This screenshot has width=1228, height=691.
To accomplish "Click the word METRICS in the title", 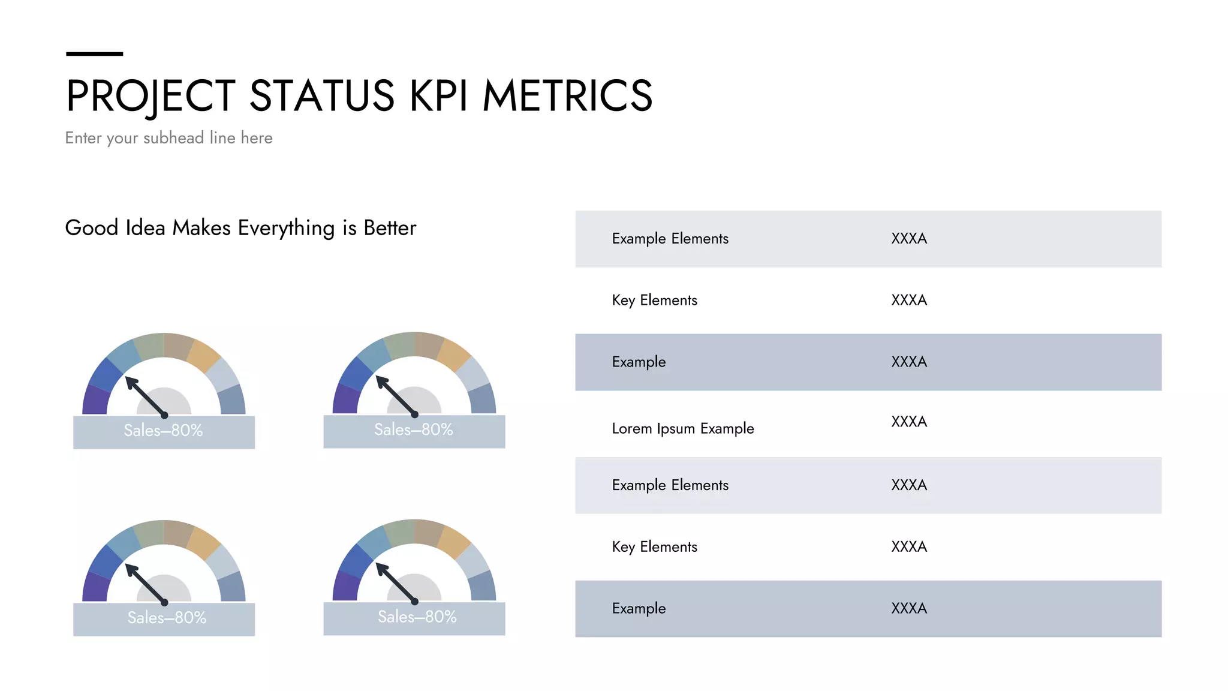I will click(567, 96).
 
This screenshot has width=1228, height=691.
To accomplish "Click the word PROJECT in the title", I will click(151, 96).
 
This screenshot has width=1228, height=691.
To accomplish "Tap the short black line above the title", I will click(94, 54).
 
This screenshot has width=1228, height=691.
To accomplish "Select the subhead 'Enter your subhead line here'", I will click(168, 138).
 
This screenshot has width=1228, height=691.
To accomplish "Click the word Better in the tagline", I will click(390, 228).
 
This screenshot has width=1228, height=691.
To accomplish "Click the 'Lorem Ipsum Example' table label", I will click(682, 428).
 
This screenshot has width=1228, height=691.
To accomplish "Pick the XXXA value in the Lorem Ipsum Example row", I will click(908, 422).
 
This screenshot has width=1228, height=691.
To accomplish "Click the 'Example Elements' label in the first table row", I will click(670, 239).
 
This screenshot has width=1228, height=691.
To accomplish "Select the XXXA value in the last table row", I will click(908, 608).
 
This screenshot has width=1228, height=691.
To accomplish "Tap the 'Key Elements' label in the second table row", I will click(654, 300).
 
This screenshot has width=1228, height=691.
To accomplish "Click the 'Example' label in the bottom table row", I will click(639, 608).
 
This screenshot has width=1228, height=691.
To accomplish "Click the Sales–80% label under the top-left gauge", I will click(163, 430).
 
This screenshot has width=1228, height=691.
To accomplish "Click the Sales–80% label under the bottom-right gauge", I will click(417, 617).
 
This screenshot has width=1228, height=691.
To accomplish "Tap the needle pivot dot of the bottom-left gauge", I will click(164, 602).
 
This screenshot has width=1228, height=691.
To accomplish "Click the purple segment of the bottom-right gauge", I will click(345, 586).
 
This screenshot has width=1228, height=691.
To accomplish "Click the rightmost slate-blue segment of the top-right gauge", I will click(483, 399).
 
